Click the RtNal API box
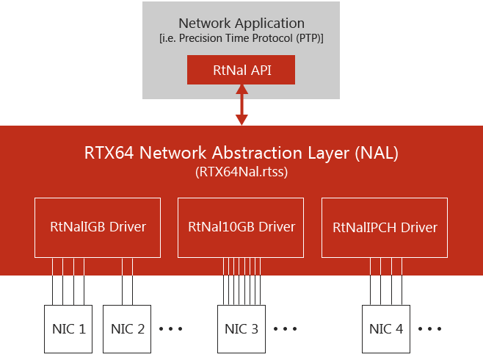tap(241, 71)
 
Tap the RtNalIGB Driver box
tap(97, 227)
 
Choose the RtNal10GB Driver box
tap(241, 227)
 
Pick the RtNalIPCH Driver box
tap(385, 227)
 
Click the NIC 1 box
tap(69, 328)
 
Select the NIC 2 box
tap(126, 328)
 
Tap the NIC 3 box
tap(241, 328)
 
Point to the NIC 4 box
tap(386, 328)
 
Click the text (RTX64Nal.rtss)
tap(241, 173)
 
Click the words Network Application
tap(241, 24)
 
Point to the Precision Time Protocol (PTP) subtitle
tap(241, 39)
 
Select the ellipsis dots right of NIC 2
tap(170, 328)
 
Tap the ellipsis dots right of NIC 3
tap(285, 328)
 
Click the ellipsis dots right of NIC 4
tap(430, 328)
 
